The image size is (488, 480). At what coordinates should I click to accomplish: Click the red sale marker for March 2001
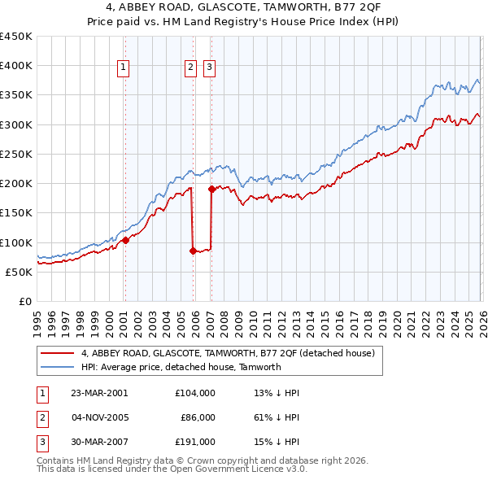click(x=125, y=240)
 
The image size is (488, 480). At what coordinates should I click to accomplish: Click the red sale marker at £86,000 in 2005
click(x=193, y=251)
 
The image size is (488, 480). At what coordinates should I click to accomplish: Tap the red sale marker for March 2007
click(x=211, y=189)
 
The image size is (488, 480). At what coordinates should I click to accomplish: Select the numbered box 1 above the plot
click(x=124, y=68)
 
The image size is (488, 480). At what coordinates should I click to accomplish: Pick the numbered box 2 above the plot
click(x=190, y=68)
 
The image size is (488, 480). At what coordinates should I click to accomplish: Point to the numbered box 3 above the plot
click(x=209, y=68)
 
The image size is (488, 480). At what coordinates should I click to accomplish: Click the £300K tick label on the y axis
click(x=16, y=124)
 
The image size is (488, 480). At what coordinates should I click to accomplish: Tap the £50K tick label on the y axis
click(x=20, y=272)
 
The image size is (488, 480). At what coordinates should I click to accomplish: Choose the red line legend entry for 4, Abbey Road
click(x=227, y=353)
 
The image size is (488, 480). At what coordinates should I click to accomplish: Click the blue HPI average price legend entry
click(x=181, y=367)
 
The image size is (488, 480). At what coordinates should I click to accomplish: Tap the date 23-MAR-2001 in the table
click(x=99, y=392)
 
